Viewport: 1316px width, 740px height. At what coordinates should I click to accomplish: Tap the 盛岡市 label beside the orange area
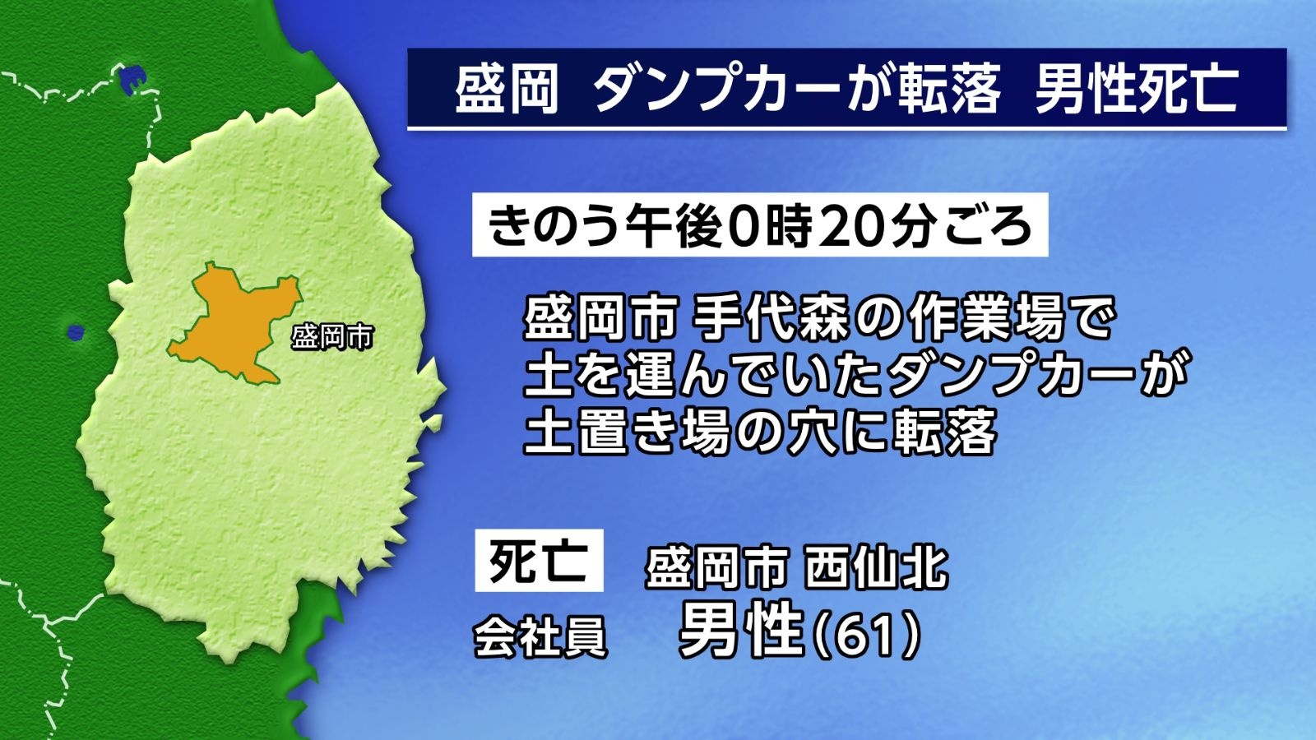point(332,337)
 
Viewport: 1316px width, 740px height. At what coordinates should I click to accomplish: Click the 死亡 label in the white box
point(539,560)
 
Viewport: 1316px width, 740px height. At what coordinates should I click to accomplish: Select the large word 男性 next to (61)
point(741,631)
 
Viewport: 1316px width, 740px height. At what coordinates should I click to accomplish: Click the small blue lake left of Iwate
point(75,332)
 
